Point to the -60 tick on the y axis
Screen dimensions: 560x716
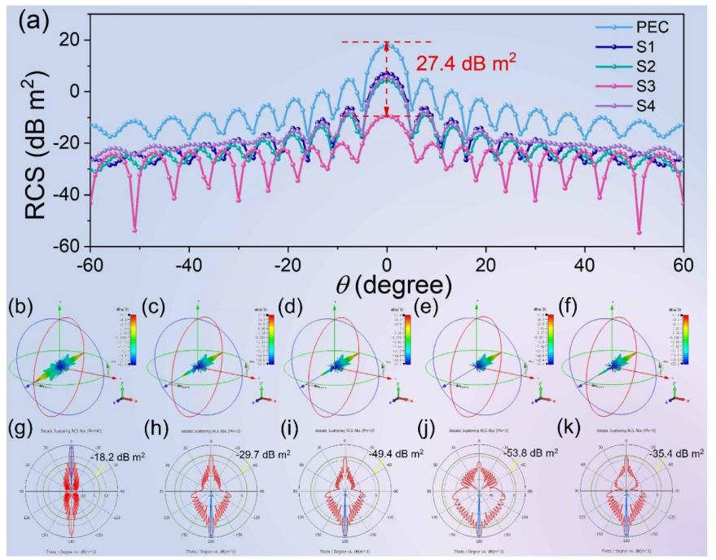click(x=72, y=246)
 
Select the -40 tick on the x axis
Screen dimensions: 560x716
click(x=189, y=266)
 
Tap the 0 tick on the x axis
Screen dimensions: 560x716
click(x=387, y=266)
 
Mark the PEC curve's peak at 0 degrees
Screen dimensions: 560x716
click(x=387, y=44)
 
